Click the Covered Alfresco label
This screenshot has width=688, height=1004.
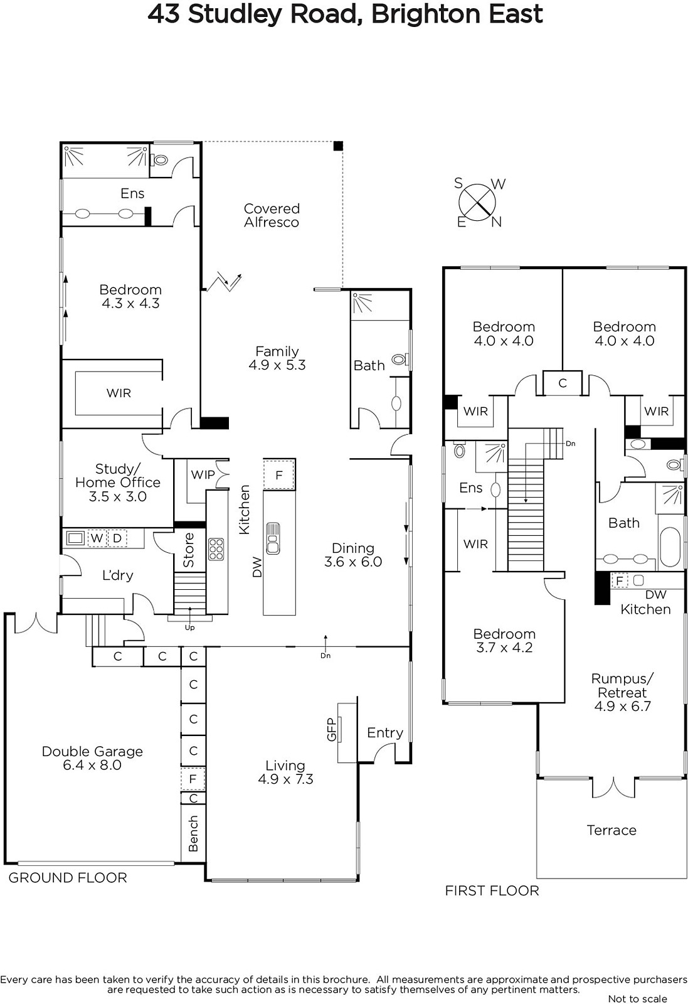click(272, 216)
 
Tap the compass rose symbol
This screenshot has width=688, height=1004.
click(477, 203)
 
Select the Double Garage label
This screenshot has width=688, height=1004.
click(92, 758)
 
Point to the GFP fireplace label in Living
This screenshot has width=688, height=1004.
click(332, 729)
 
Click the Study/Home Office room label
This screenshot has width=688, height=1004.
click(118, 483)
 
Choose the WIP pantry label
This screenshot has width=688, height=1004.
click(203, 474)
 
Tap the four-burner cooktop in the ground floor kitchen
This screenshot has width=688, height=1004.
click(216, 548)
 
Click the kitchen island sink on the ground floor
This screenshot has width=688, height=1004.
click(273, 538)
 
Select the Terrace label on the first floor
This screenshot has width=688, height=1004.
click(611, 830)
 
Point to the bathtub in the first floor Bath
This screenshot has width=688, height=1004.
click(670, 547)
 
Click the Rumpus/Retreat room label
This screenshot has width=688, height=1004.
click(622, 692)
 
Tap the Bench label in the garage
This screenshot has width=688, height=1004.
click(193, 833)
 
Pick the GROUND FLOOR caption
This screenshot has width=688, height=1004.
click(68, 878)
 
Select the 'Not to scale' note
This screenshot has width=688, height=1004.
click(637, 998)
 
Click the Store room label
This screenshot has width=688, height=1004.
click(189, 550)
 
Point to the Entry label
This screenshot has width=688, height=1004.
click(384, 733)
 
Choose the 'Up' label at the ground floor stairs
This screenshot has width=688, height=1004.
click(189, 628)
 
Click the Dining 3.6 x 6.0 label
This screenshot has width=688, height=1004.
click(353, 555)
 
